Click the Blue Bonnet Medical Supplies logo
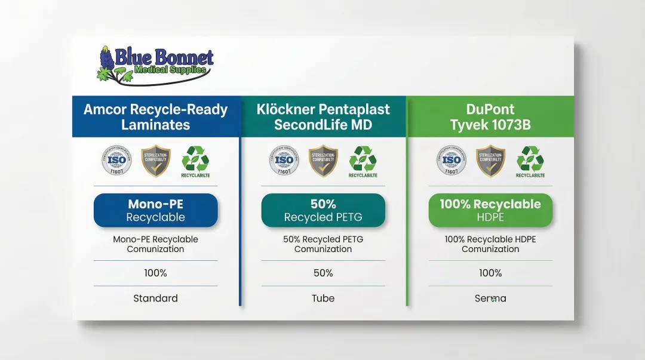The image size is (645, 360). [x=155, y=64]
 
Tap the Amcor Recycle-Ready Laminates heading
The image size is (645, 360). [x=155, y=117]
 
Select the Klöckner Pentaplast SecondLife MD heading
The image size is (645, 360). [x=323, y=117]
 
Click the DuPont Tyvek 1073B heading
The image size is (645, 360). [x=490, y=117]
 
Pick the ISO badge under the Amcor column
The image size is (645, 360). [x=117, y=161]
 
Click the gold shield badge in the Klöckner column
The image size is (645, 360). [x=323, y=161]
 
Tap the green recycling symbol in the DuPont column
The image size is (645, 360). [x=530, y=159]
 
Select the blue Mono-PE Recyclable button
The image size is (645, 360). [x=155, y=210]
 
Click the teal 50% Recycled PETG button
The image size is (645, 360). [x=323, y=210]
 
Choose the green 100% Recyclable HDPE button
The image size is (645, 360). [x=490, y=210]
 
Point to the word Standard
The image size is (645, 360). [x=155, y=298]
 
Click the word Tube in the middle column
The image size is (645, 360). [x=323, y=298]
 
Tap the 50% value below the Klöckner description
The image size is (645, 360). [x=323, y=273]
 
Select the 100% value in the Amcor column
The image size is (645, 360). [x=155, y=273]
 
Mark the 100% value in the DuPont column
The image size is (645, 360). [x=490, y=273]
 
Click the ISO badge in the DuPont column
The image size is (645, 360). [x=451, y=161]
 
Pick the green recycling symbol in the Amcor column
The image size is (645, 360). [x=195, y=159]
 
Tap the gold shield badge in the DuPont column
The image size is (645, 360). [x=490, y=161]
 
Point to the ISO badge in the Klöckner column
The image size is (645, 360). [x=284, y=161]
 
